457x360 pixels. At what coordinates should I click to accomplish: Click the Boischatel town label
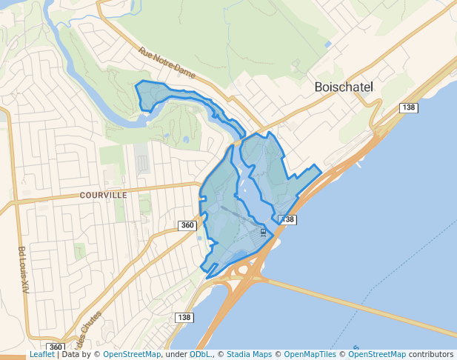tap(344, 87)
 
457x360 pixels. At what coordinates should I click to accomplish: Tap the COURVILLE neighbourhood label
tap(103, 196)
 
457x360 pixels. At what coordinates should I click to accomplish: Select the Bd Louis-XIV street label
tap(22, 270)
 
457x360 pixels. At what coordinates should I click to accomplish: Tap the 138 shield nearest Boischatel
tap(409, 107)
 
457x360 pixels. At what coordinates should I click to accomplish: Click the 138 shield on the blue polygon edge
tap(287, 219)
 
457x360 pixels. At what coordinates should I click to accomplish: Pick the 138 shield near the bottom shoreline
tap(185, 317)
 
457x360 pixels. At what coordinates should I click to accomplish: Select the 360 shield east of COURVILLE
tap(187, 225)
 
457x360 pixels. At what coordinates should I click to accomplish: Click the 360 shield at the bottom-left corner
tap(56, 347)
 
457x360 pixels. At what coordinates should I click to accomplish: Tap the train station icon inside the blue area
tap(263, 232)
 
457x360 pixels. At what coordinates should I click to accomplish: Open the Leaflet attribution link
tap(41, 354)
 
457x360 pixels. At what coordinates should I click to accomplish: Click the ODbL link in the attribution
tap(200, 354)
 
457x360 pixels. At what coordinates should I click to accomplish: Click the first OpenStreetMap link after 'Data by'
tap(132, 354)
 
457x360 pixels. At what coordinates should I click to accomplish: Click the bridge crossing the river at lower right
tap(356, 304)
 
